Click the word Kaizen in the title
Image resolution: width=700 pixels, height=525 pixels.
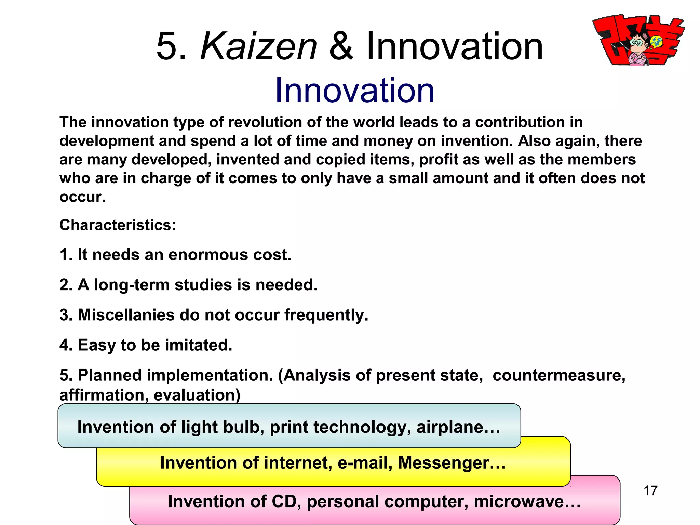coord(259,46)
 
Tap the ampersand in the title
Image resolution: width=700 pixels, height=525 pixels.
coord(341,46)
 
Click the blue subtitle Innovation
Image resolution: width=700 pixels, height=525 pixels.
coord(354,90)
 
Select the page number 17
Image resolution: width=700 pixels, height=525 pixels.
coord(650,490)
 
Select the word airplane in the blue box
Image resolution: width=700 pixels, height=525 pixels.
coord(458,427)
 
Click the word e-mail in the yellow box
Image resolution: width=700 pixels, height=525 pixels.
coord(364,463)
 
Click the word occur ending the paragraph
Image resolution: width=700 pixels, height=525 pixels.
coord(82,197)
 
